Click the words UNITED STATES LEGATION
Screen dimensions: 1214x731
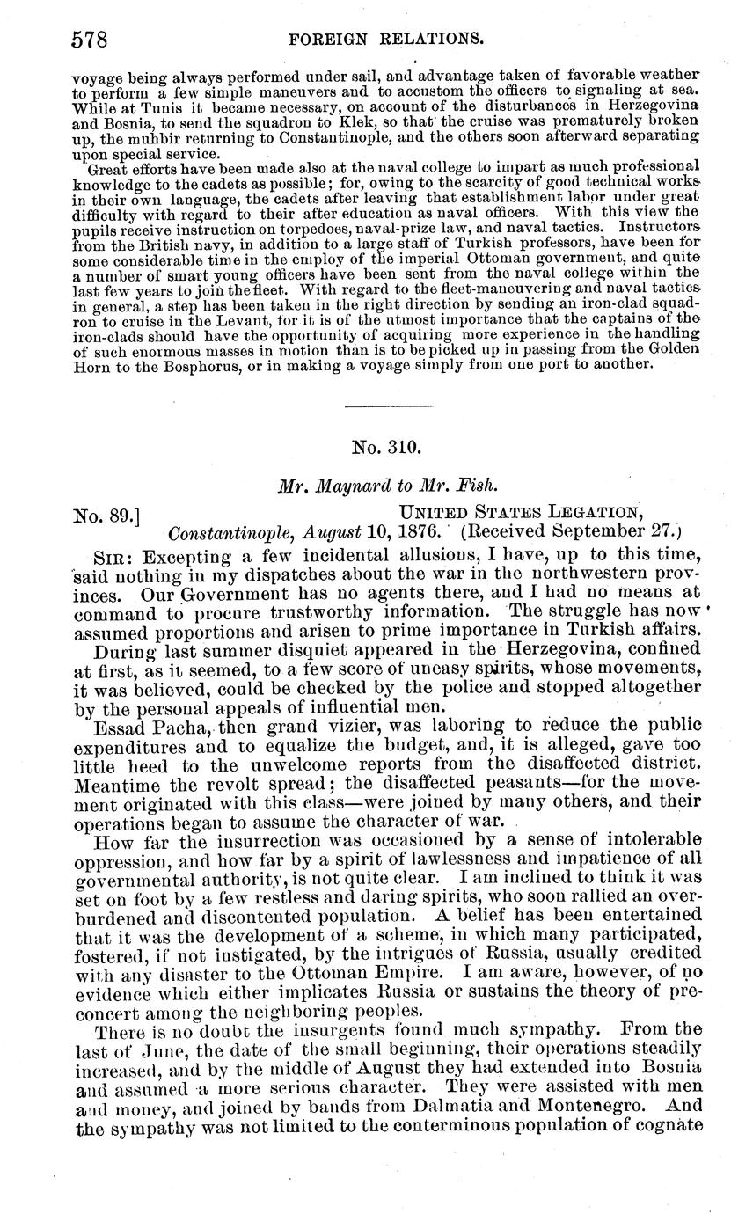tap(520, 512)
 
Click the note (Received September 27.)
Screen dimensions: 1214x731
tap(573, 532)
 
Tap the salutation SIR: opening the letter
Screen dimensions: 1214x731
tap(113, 557)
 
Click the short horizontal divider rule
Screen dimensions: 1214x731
tap(390, 406)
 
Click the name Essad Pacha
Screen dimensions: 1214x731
tap(148, 725)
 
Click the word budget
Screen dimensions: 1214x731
tap(378, 745)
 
